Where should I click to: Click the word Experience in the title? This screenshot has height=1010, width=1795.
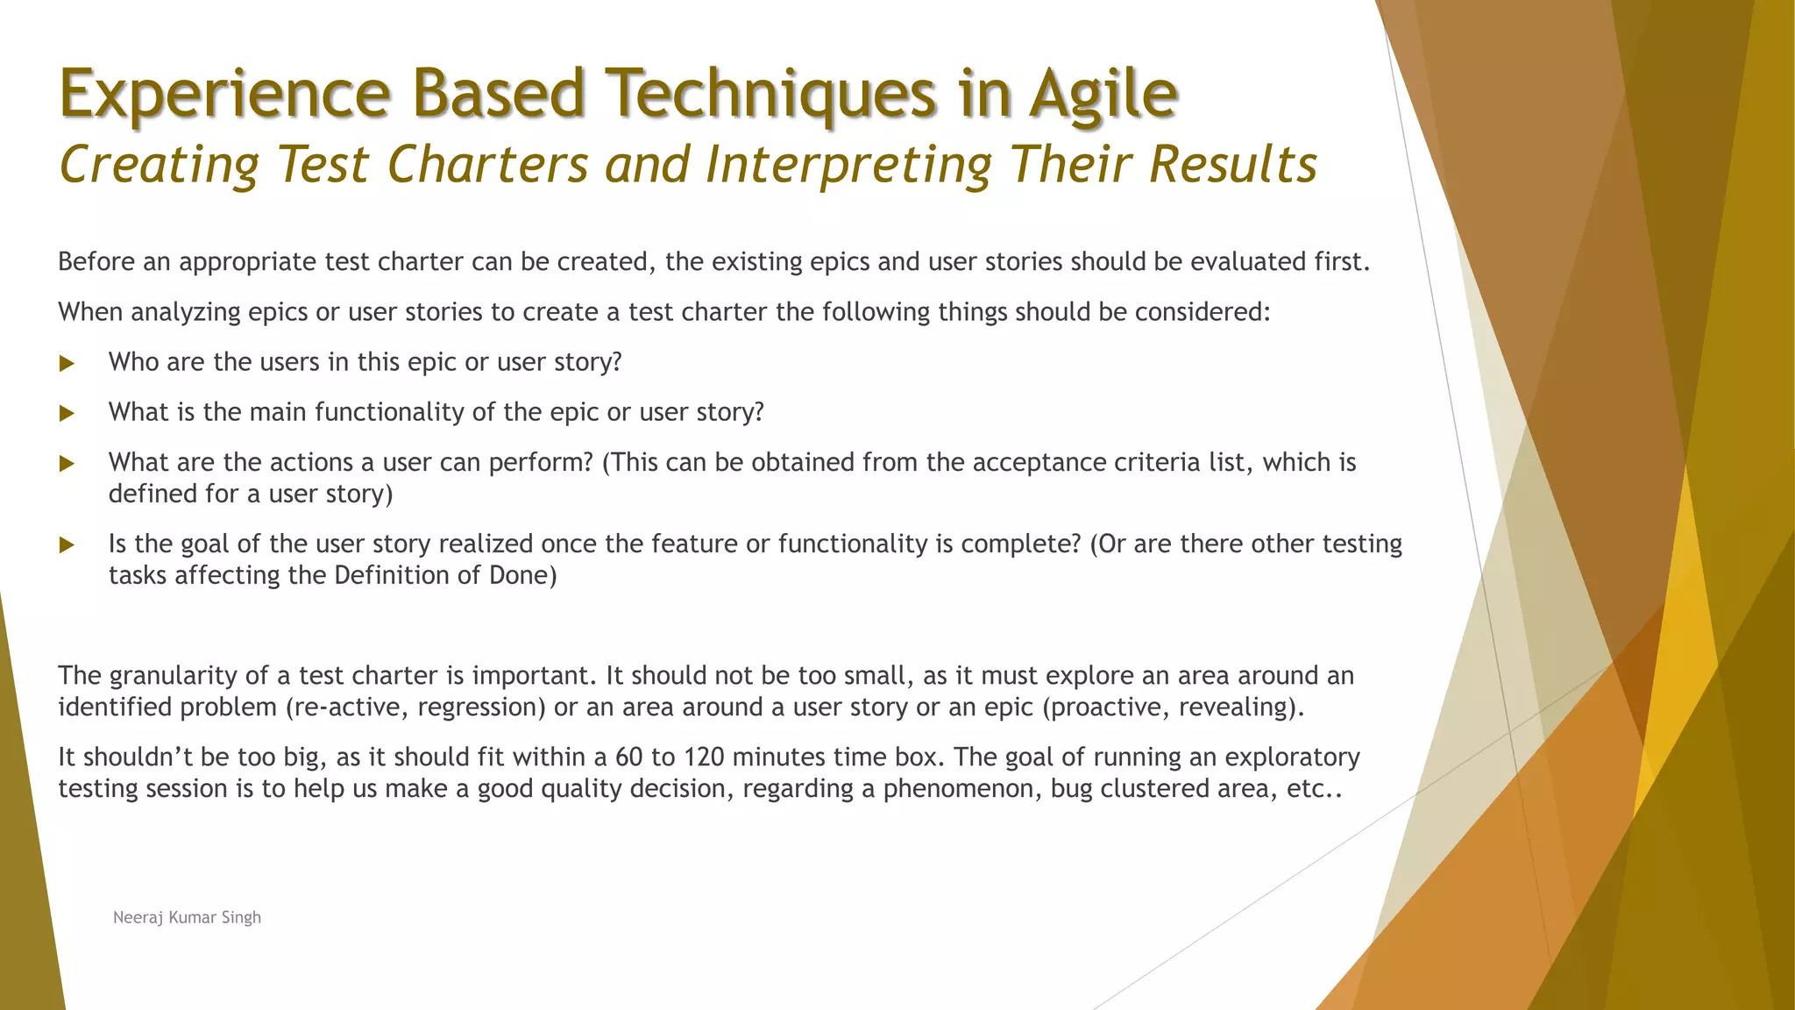pos(224,94)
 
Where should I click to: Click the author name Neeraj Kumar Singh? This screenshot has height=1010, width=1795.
pos(187,917)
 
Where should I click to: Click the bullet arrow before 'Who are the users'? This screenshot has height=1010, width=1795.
pos(67,364)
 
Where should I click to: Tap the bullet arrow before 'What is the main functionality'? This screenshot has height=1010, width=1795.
pos(67,414)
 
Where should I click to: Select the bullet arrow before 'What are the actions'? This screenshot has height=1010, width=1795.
pos(67,464)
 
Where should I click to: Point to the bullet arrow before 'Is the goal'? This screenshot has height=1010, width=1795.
pos(67,545)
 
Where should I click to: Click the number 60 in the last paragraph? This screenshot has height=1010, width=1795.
pos(629,757)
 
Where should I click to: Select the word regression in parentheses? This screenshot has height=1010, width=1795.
pos(481,708)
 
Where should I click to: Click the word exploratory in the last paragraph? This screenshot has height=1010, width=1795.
pos(1292,757)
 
